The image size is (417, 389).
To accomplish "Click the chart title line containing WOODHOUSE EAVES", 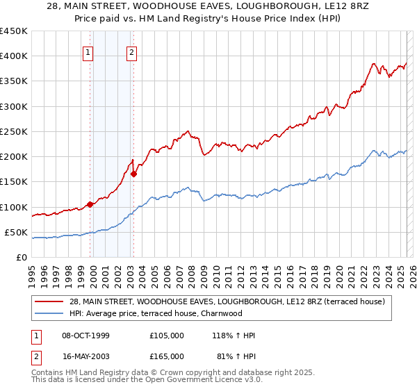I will (x=208, y=7).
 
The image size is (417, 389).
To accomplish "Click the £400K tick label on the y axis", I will (x=14, y=56).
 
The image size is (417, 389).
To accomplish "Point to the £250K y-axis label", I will (x=14, y=131).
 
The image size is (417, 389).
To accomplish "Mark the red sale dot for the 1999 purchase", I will (x=90, y=204).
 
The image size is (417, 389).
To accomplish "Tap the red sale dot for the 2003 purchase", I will (x=133, y=174).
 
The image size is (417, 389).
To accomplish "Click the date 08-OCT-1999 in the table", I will (x=86, y=336).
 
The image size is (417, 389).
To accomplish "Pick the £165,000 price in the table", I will (x=167, y=356).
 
